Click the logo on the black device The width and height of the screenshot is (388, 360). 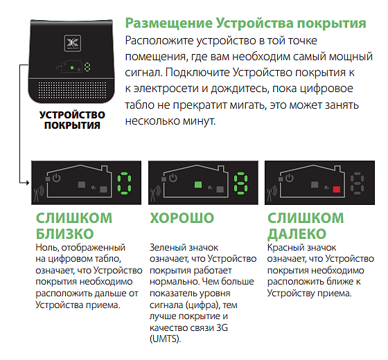click(x=73, y=43)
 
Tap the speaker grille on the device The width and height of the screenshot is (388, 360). click(x=72, y=90)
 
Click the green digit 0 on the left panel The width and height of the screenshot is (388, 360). click(x=124, y=183)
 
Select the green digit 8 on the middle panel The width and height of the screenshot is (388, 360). click(x=241, y=183)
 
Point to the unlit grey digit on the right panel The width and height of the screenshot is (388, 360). click(x=357, y=183)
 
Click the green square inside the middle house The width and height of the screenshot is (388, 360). click(x=198, y=184)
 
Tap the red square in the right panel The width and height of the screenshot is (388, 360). click(x=337, y=190)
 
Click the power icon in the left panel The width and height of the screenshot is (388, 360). click(x=56, y=178)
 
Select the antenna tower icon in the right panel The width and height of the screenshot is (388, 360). click(x=272, y=194)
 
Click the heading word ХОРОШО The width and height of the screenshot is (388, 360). click(x=182, y=218)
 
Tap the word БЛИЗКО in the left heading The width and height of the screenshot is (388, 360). click(x=65, y=234)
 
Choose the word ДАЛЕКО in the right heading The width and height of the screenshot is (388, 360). click(x=297, y=234)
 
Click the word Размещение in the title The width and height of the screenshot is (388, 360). click(x=169, y=24)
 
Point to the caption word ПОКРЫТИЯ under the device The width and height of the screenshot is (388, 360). click(x=72, y=125)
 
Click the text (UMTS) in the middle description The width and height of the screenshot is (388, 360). click(x=166, y=339)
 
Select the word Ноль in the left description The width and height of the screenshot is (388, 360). click(x=47, y=247)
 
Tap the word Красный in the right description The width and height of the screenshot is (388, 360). click(x=284, y=247)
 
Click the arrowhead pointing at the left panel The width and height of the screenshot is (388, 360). click(x=27, y=183)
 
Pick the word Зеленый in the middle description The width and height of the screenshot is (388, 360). click(x=168, y=247)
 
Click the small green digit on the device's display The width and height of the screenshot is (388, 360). click(x=87, y=67)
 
